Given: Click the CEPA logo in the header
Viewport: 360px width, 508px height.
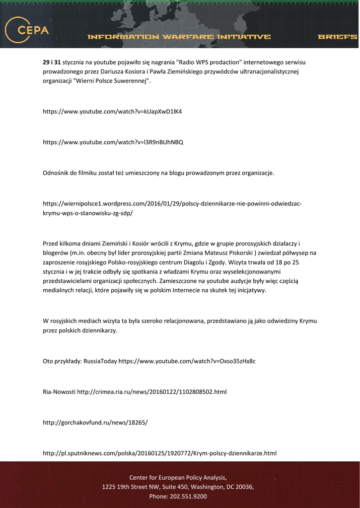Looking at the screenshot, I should pyautogui.click(x=27, y=30).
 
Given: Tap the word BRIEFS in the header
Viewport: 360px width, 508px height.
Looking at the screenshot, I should pyautogui.click(x=337, y=37).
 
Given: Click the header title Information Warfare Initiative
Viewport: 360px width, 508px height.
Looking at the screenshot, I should pyautogui.click(x=179, y=37).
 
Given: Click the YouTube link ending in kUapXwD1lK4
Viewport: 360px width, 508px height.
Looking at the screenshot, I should pyautogui.click(x=112, y=111).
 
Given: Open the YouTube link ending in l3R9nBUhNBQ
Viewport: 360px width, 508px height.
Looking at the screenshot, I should pyautogui.click(x=113, y=142).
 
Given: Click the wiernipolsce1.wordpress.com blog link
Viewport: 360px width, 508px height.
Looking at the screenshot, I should pyautogui.click(x=172, y=208).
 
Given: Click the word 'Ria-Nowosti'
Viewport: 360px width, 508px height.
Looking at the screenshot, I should pyautogui.click(x=59, y=392).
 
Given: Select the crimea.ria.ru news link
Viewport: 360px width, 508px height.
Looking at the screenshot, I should pyautogui.click(x=152, y=392).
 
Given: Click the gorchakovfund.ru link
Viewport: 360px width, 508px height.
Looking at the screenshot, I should pyautogui.click(x=95, y=423).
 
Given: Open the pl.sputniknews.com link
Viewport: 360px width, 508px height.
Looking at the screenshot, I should pyautogui.click(x=159, y=453).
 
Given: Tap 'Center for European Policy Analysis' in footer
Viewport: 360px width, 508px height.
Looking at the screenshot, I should pyautogui.click(x=178, y=477).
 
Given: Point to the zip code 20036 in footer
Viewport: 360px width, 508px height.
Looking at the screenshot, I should pyautogui.click(x=242, y=487).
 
